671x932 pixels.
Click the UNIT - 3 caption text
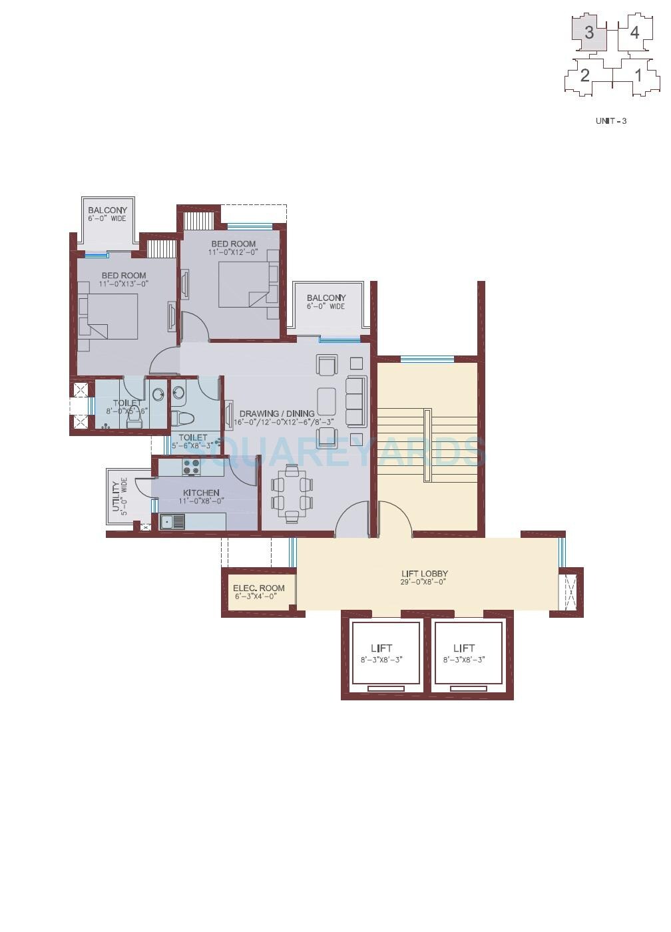point(610,121)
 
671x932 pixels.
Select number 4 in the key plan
point(634,33)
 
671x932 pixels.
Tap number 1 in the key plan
point(638,75)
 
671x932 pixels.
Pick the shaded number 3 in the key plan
point(589,33)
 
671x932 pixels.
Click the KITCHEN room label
point(201,493)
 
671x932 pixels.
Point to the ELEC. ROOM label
point(258,588)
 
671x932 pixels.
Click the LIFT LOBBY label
point(424,573)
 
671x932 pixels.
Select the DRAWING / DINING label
point(277,413)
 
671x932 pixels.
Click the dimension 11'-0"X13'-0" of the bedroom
point(123,284)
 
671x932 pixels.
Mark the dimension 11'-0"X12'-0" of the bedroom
point(233,252)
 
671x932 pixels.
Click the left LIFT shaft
point(386,652)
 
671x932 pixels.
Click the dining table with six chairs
point(292,493)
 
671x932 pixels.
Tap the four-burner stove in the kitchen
point(191,467)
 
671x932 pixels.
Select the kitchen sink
point(172,522)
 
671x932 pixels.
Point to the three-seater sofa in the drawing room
point(357,401)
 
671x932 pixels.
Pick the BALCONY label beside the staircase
point(326,298)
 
